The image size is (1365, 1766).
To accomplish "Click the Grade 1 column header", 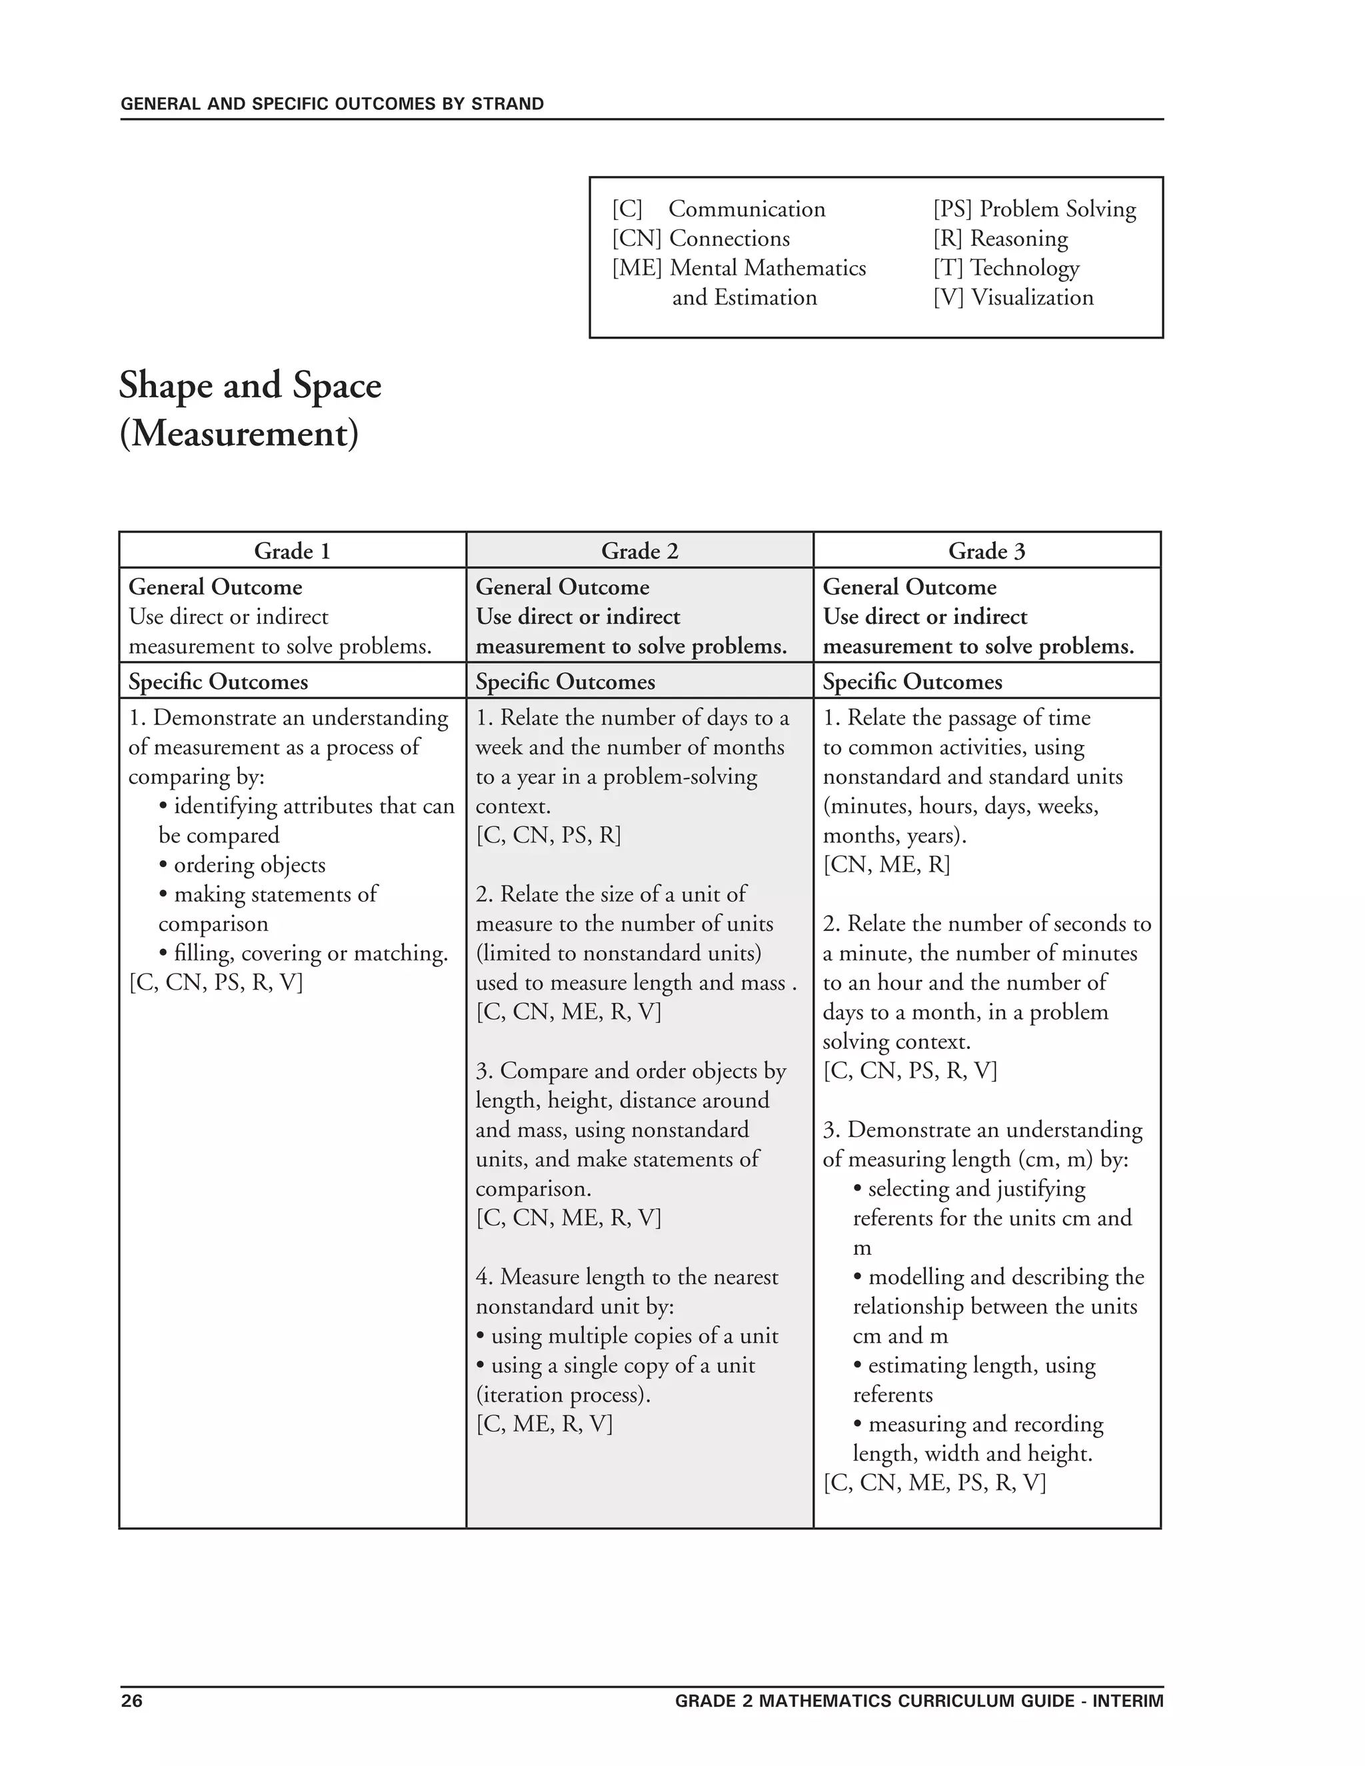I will [292, 552].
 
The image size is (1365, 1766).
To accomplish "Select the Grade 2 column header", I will [640, 552].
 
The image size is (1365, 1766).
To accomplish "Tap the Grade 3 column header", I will [986, 552].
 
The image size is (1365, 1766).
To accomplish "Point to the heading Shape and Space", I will [250, 386].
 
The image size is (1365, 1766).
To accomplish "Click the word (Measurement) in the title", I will [239, 435].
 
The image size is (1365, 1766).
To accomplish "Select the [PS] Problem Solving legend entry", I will [1034, 209].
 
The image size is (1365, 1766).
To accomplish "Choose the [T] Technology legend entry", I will [1006, 268].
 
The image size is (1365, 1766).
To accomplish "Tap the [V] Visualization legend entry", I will [1013, 298].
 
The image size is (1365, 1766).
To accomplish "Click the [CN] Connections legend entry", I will [701, 239].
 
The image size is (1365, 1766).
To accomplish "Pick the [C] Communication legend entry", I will [719, 209].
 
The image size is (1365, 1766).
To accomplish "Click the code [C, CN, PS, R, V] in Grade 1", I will [216, 982].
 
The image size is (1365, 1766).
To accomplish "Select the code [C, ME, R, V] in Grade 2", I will [545, 1424].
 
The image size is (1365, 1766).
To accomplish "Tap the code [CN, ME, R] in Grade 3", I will [886, 865].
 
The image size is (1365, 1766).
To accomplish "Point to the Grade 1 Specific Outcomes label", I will [219, 682].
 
